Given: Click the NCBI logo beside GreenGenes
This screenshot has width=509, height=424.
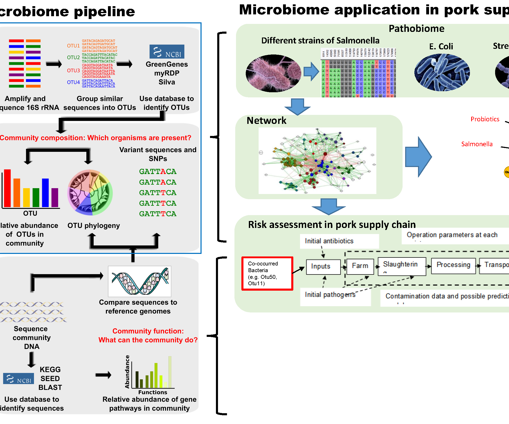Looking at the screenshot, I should (x=167, y=52).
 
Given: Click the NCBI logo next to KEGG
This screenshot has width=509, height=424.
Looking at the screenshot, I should (x=19, y=378).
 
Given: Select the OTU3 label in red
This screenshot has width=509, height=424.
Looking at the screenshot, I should (x=73, y=70).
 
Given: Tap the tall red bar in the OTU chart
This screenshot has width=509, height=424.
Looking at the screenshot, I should (x=7, y=188).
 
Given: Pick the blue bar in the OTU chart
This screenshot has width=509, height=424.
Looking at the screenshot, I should (x=46, y=193).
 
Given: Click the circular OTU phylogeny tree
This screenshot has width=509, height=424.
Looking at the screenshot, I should (x=90, y=192).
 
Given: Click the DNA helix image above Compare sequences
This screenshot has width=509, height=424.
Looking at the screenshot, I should (x=140, y=281).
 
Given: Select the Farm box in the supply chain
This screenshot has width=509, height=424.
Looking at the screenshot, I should (x=360, y=266).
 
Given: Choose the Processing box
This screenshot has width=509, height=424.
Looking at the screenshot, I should (x=453, y=265).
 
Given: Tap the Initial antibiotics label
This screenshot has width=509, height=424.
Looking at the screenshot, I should (x=329, y=241).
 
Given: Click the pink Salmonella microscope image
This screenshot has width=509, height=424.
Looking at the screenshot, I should (x=273, y=73).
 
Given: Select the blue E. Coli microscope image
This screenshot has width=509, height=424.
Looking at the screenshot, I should (x=442, y=72).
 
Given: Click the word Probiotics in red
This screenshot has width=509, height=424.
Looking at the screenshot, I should (x=485, y=119).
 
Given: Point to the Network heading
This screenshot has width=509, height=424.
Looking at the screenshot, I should (x=266, y=121).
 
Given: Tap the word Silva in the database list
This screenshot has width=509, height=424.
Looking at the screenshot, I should (x=167, y=82).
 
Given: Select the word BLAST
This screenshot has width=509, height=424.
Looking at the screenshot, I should (x=50, y=388).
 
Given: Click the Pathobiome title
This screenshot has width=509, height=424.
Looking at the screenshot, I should (x=416, y=29).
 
